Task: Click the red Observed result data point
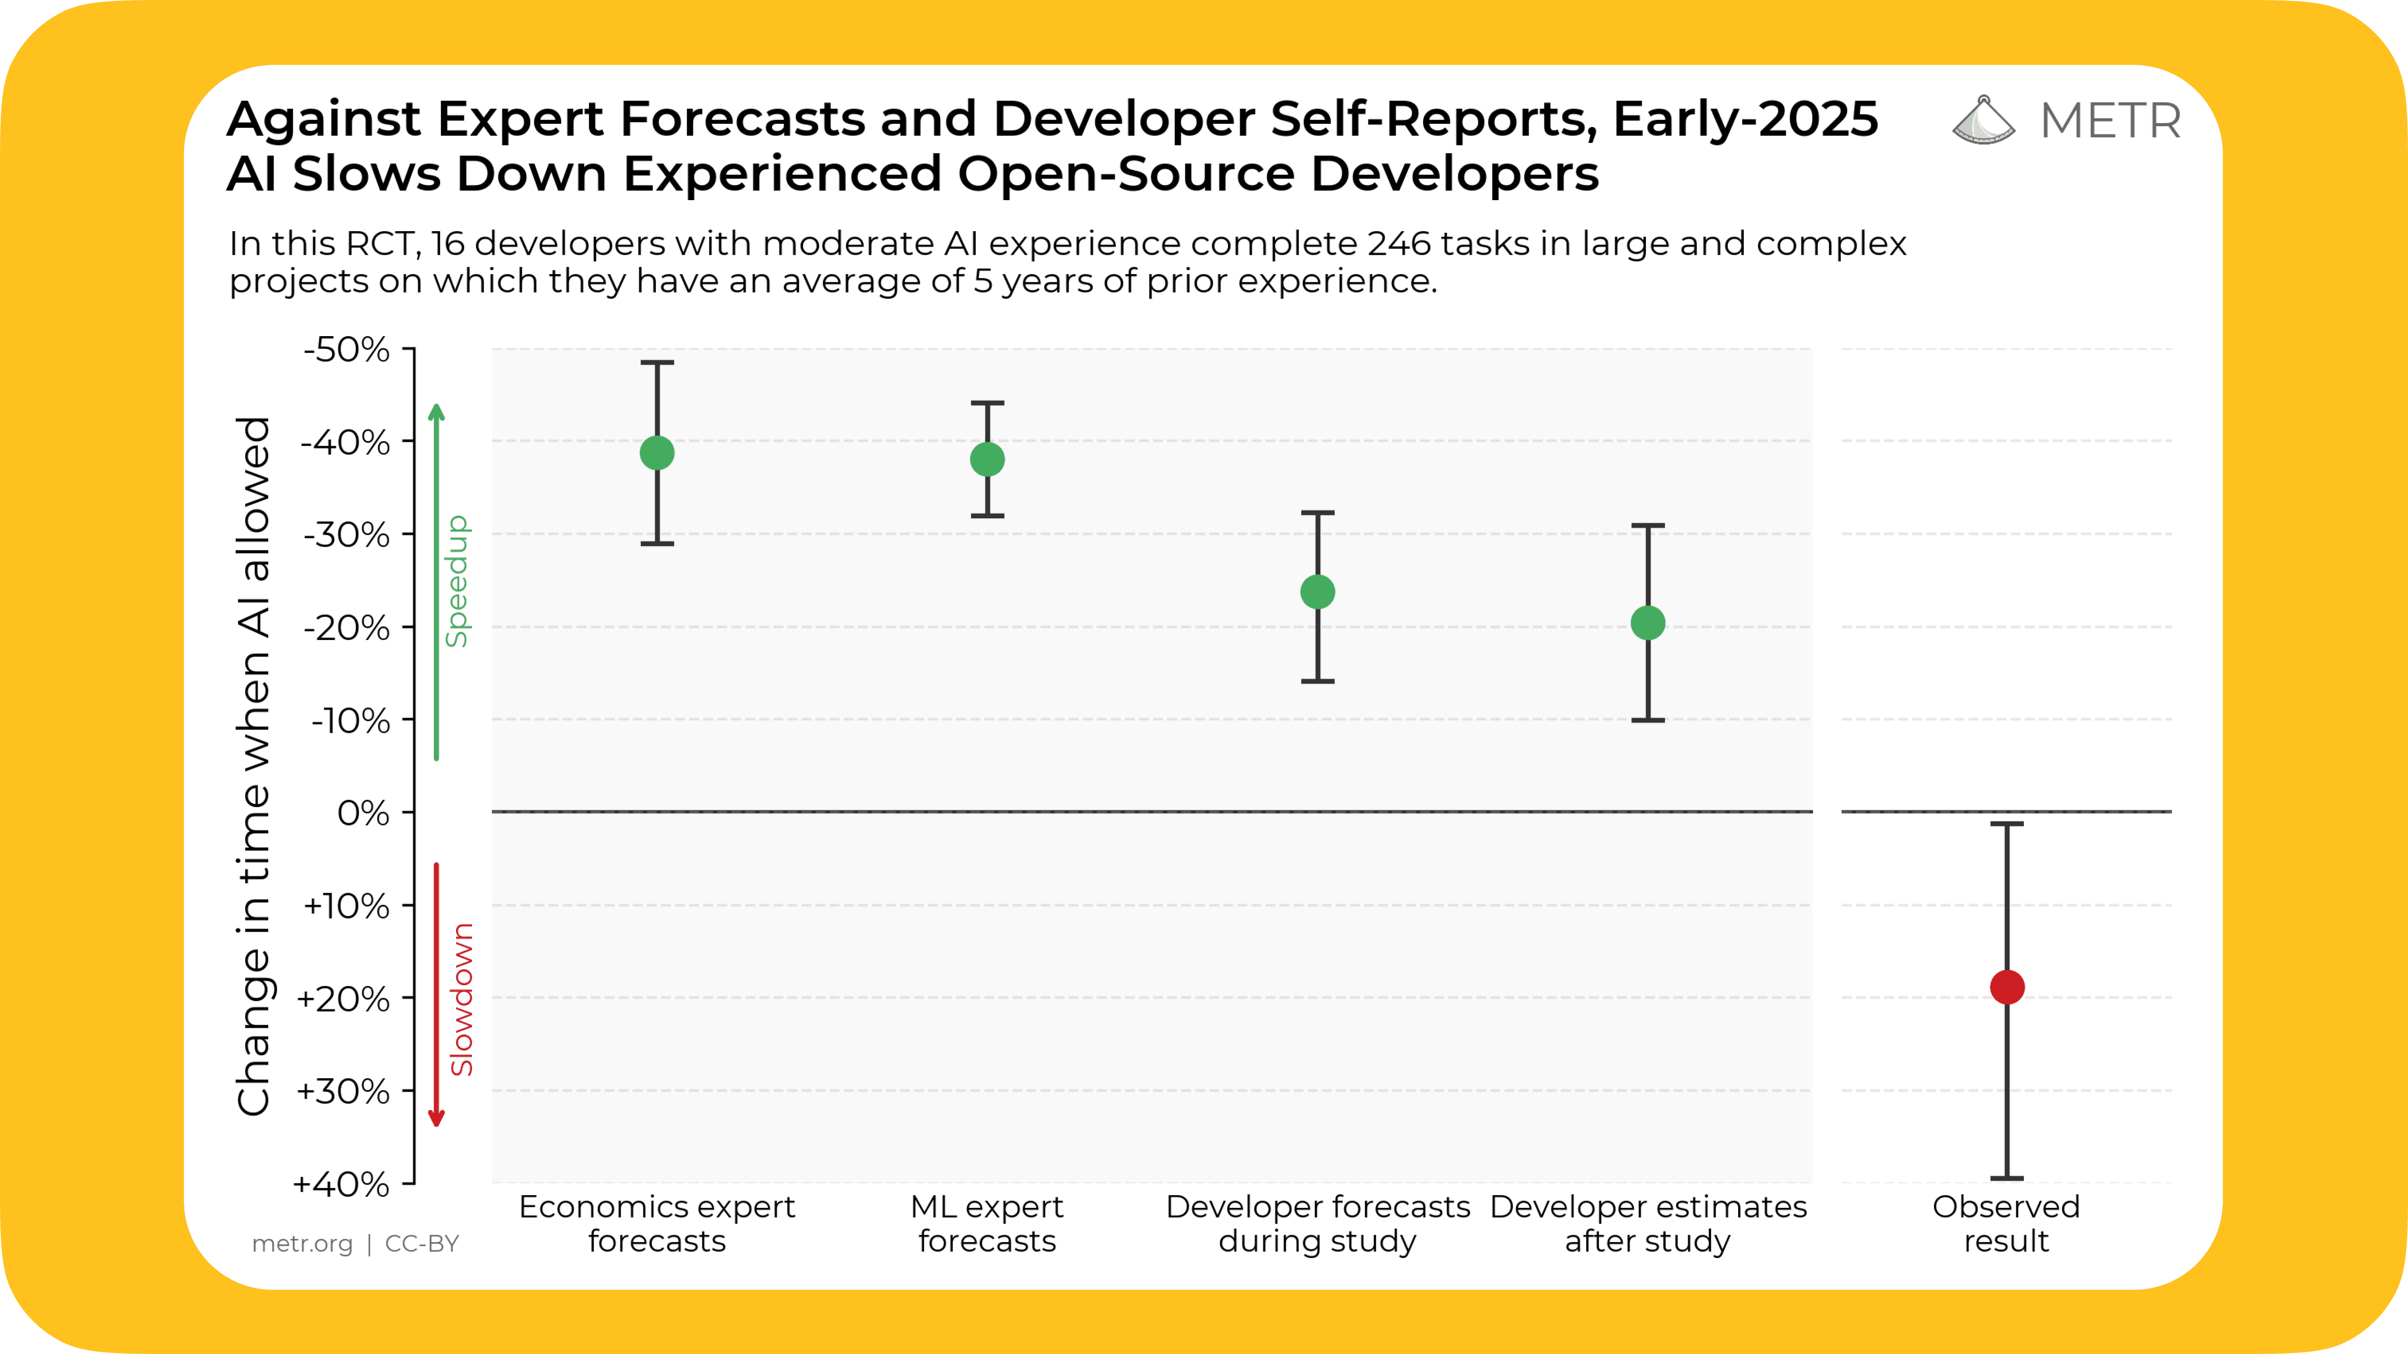(x=2007, y=987)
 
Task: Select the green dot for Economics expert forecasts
(x=657, y=453)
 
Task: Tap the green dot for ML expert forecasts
(x=987, y=459)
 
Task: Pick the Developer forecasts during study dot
(x=1317, y=591)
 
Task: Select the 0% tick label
(x=363, y=813)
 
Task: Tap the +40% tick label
(x=341, y=1184)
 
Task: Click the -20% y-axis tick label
(x=346, y=628)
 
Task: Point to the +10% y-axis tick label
(x=346, y=906)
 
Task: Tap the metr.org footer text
(x=302, y=1244)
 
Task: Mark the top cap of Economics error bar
(x=657, y=363)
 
